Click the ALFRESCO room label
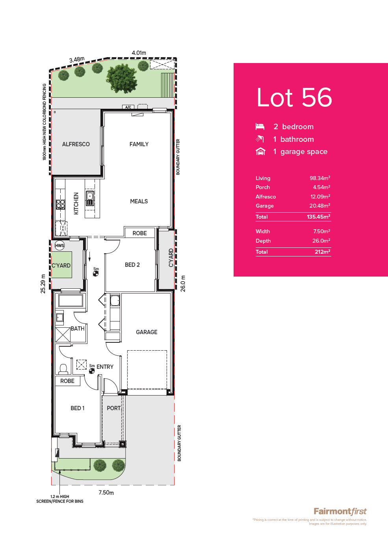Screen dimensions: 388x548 coord(76,144)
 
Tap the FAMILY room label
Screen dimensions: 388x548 coord(139,144)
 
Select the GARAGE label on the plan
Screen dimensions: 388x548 coord(147,332)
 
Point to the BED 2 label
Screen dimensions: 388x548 coord(132,265)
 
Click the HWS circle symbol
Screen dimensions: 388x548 coord(59,245)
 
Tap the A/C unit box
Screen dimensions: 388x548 coord(128,107)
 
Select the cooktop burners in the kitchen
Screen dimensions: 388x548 coord(60,204)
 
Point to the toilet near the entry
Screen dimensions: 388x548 coord(63,369)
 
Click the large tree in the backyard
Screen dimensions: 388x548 coord(121,78)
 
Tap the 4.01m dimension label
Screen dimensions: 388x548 coord(139,53)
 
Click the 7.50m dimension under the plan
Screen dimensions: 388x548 coord(106,492)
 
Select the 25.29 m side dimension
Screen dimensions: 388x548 coord(43,284)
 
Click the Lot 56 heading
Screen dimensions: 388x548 coord(294,97)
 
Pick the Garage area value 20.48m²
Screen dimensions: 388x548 coord(320,206)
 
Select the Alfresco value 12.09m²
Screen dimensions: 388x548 coord(320,197)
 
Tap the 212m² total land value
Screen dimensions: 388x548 coord(323,252)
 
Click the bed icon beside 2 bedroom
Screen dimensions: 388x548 coord(260,126)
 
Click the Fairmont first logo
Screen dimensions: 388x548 coord(340,511)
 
